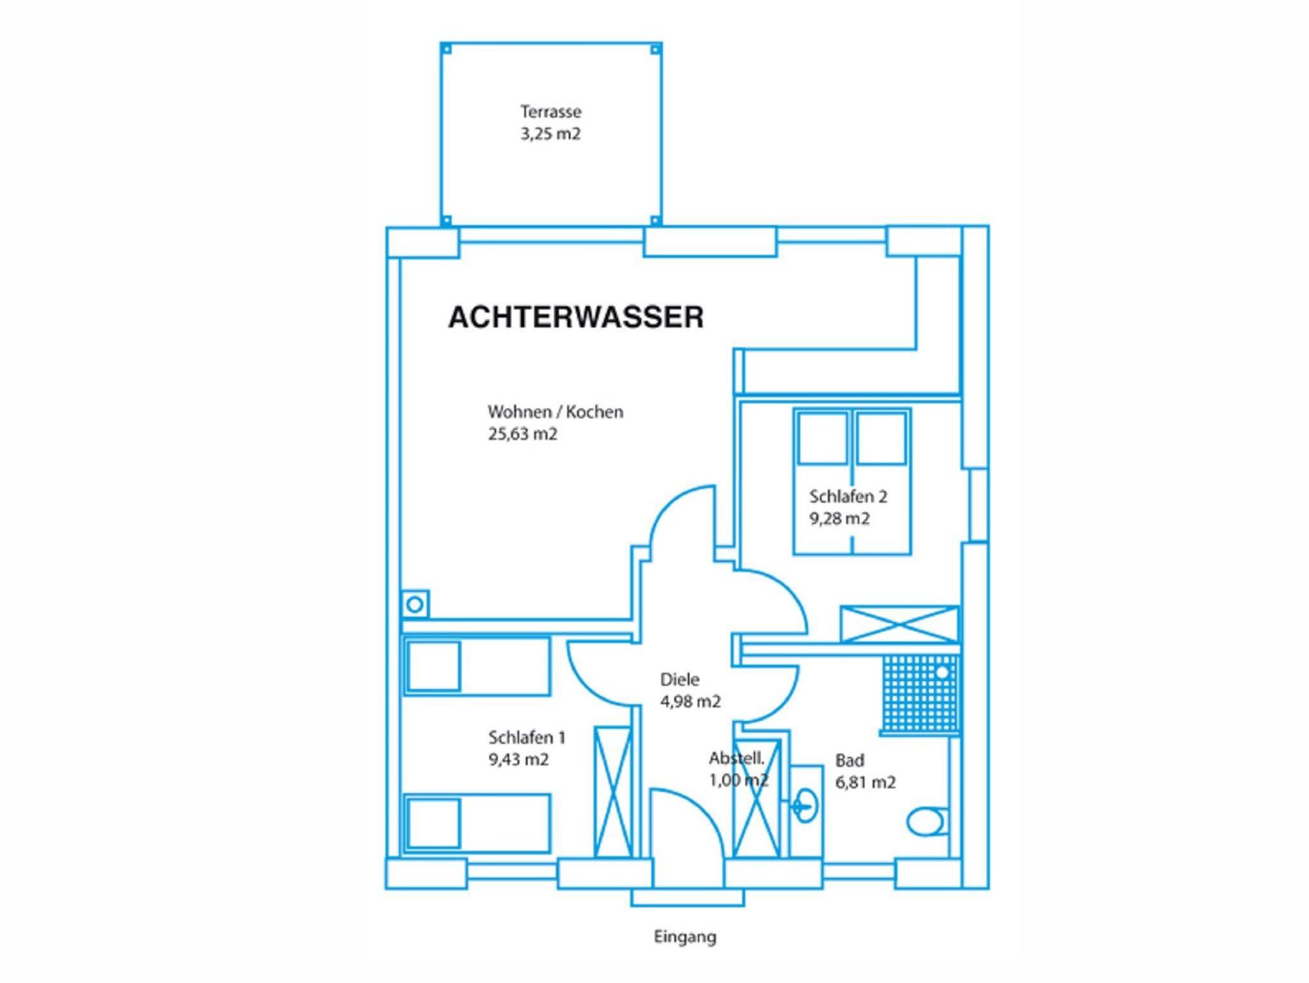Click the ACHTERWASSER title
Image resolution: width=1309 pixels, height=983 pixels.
pyautogui.click(x=576, y=318)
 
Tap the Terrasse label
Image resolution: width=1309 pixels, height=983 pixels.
pyautogui.click(x=551, y=112)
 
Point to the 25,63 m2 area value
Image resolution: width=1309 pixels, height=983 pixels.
pyautogui.click(x=523, y=434)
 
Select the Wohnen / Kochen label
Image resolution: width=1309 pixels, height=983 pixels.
pyautogui.click(x=555, y=412)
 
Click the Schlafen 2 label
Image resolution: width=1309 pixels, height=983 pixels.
pyautogui.click(x=848, y=496)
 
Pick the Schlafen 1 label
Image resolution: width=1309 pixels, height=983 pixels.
pyautogui.click(x=527, y=738)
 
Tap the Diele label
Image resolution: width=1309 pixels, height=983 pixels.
pyautogui.click(x=679, y=679)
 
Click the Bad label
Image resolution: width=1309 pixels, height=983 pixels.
pyautogui.click(x=849, y=761)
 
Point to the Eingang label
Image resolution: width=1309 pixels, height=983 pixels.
pyautogui.click(x=685, y=938)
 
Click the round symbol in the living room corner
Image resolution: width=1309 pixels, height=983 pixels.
pyautogui.click(x=415, y=603)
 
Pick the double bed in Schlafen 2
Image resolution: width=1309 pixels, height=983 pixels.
pyautogui.click(x=852, y=481)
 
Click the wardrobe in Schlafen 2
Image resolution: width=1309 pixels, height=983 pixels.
pyautogui.click(x=900, y=624)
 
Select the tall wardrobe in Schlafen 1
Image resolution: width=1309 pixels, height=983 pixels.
pyautogui.click(x=612, y=791)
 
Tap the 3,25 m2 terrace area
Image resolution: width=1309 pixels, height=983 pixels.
pyautogui.click(x=550, y=134)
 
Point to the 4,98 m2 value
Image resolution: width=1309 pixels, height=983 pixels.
pyautogui.click(x=690, y=702)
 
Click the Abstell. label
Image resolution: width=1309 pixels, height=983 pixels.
pyautogui.click(x=736, y=759)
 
